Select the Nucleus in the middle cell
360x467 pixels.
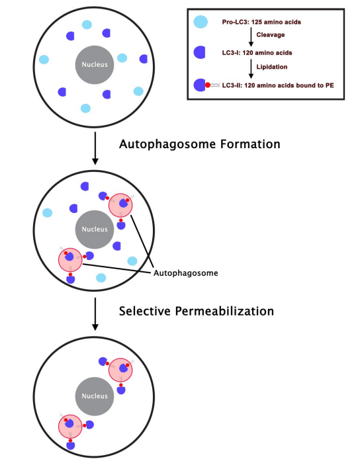(95, 230)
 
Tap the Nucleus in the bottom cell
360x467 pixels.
(95, 396)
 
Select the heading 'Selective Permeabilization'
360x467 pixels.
(196, 310)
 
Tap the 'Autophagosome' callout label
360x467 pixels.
(185, 272)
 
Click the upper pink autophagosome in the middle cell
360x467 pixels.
(121, 205)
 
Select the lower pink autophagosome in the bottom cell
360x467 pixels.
(70, 426)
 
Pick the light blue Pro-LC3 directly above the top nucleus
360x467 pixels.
(87, 25)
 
